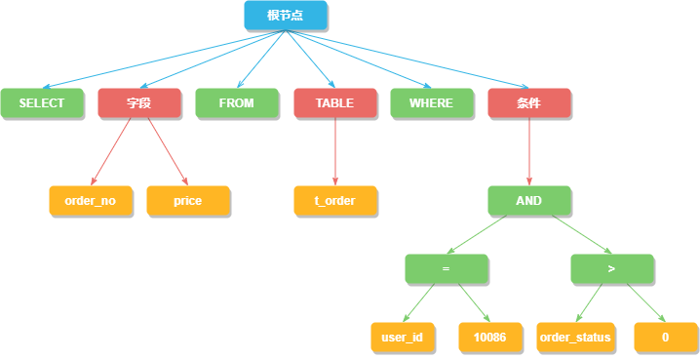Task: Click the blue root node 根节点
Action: (x=285, y=15)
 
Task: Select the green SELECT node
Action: (x=42, y=103)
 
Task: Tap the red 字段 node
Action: (x=139, y=103)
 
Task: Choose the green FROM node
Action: (x=237, y=103)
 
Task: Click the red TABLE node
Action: (x=334, y=103)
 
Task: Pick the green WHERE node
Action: (x=432, y=103)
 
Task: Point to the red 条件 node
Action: (x=529, y=103)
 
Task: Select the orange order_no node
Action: (x=91, y=200)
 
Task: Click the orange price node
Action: (x=188, y=200)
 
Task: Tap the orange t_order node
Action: (x=334, y=200)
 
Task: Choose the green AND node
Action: (x=529, y=200)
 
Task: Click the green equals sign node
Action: (x=446, y=268)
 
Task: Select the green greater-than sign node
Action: (x=611, y=268)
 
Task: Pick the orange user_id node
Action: (x=403, y=337)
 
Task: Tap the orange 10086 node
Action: (x=489, y=337)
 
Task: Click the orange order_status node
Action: (x=575, y=337)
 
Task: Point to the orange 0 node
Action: (x=666, y=337)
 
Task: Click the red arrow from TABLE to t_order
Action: (x=334, y=151)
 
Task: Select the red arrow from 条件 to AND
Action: (x=529, y=151)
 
